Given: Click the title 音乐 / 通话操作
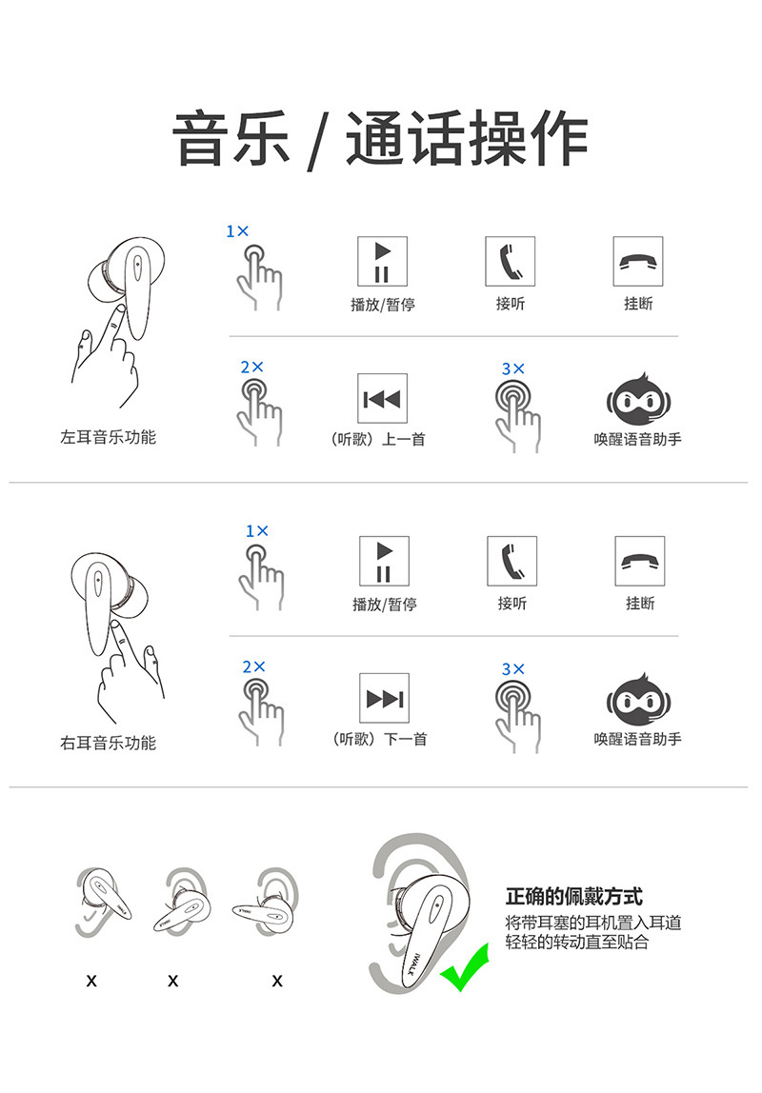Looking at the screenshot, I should click(381, 139).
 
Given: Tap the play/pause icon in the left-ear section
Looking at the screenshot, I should click(382, 261).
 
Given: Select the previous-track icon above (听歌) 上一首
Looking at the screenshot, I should click(382, 399).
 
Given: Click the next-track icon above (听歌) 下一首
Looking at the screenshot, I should click(384, 699).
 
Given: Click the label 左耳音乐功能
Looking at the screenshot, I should click(108, 437).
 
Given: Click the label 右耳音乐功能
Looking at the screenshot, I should click(108, 743).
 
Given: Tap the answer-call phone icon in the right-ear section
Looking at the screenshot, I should click(511, 561).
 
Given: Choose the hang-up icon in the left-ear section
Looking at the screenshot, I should click(637, 261).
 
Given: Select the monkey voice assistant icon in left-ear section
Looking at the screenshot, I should click(637, 401).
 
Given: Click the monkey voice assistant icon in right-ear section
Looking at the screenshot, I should click(637, 702).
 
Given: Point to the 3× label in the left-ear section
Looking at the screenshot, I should click(512, 368).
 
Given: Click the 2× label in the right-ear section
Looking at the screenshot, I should click(253, 667).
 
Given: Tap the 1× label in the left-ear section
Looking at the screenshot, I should click(237, 231).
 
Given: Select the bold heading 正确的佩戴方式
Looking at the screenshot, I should click(573, 896).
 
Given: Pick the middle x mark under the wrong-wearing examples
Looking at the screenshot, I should click(172, 980).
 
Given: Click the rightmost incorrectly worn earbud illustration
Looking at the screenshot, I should click(265, 904).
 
